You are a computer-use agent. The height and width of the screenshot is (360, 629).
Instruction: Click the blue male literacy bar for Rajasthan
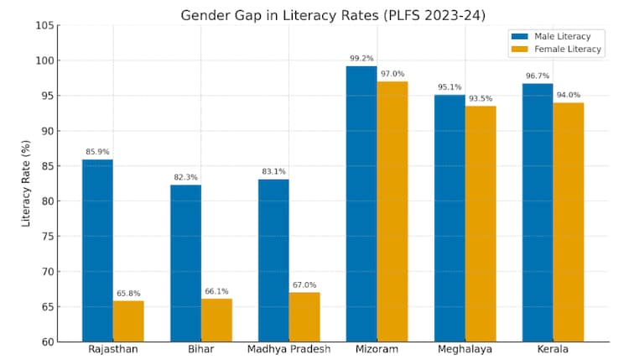pos(97,250)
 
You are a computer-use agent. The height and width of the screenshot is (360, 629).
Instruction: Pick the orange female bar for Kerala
pos(568,222)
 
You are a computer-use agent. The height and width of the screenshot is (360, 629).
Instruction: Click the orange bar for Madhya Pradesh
pos(304,316)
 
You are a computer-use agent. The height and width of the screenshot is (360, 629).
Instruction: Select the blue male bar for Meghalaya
pos(450,218)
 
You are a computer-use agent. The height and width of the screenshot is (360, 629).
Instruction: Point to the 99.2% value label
pos(361,59)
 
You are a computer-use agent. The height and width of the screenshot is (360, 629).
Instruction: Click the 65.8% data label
pos(128,294)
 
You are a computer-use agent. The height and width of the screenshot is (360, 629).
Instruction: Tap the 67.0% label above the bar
pos(304,285)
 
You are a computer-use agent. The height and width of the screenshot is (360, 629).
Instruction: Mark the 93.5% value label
pos(481,99)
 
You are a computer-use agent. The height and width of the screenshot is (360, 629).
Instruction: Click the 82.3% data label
pos(185,178)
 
